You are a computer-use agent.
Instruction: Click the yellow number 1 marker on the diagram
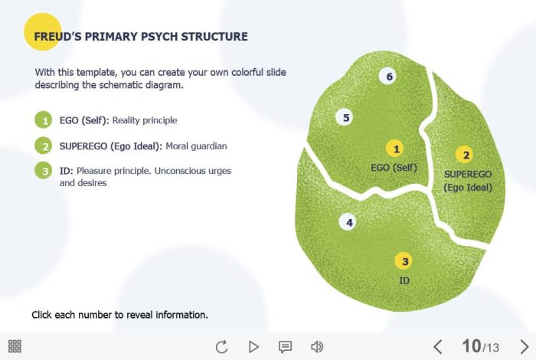pos(395,149)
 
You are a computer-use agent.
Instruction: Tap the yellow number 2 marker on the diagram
pos(465,155)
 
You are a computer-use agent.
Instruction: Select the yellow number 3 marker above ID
pos(404,261)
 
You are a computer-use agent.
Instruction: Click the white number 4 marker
pos(348,223)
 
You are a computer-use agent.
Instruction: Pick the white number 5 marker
pos(345,118)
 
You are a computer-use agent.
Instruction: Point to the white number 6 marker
pos(388,77)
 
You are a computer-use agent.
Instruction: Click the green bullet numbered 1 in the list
pos(44,120)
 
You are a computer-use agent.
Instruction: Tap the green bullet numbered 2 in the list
pos(44,146)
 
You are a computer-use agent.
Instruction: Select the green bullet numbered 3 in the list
pos(44,171)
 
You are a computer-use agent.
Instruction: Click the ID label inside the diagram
pos(404,280)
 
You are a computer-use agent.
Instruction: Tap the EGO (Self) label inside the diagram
pos(394,168)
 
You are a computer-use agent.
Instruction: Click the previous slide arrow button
pos(438,347)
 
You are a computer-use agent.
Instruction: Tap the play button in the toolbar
pos(253,347)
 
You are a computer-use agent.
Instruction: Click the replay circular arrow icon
pos(221,347)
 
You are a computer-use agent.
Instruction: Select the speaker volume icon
pos(317,347)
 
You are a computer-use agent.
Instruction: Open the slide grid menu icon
pos(15,346)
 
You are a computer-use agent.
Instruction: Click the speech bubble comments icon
pos(285,347)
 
